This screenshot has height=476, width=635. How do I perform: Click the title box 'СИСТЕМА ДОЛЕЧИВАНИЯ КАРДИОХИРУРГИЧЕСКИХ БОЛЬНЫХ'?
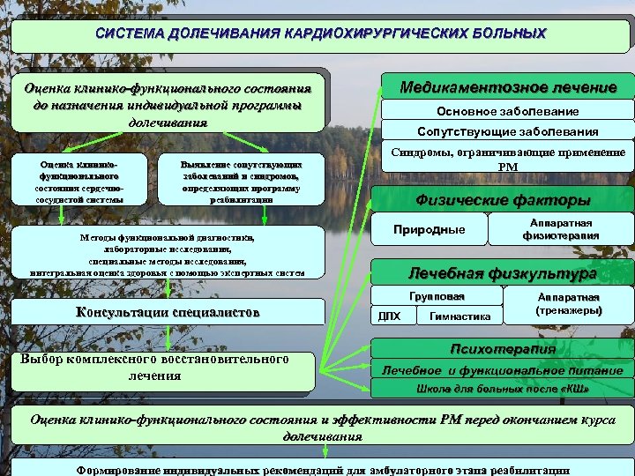(320, 34)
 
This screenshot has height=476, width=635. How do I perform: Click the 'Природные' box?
(429, 230)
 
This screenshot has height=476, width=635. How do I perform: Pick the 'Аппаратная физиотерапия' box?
(561, 229)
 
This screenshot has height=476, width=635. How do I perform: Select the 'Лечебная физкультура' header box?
(502, 273)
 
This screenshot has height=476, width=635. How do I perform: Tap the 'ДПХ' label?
(389, 316)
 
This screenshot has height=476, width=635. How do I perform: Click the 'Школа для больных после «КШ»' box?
(502, 389)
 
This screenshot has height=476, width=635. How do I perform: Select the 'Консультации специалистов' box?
(168, 312)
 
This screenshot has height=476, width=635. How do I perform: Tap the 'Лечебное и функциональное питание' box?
(502, 370)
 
